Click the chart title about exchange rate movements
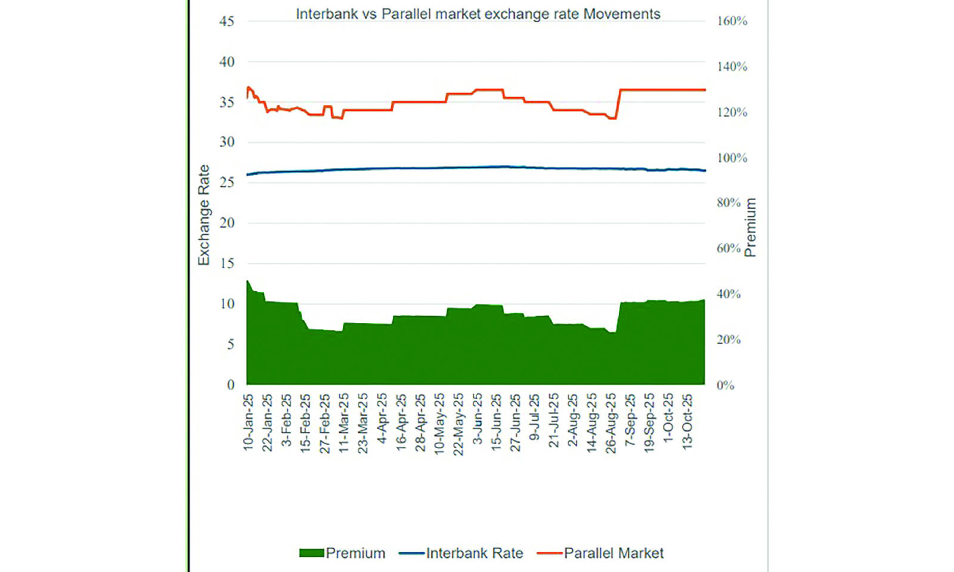[x=478, y=14]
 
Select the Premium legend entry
[x=343, y=553]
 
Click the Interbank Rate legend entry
[x=461, y=553]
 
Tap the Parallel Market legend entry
[x=600, y=553]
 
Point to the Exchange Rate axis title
[x=204, y=214]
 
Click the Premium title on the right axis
[x=750, y=227]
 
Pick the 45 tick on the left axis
[x=227, y=21]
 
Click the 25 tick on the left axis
[x=227, y=182]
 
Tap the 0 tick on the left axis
[x=231, y=385]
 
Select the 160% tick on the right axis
[x=732, y=21]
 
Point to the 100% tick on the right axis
[x=732, y=158]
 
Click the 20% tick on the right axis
[x=729, y=340]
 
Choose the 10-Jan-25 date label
[x=249, y=422]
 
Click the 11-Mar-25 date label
[x=344, y=422]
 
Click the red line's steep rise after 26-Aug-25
[x=618, y=104]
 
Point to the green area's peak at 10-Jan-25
[x=248, y=281]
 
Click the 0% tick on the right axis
[x=725, y=386]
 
